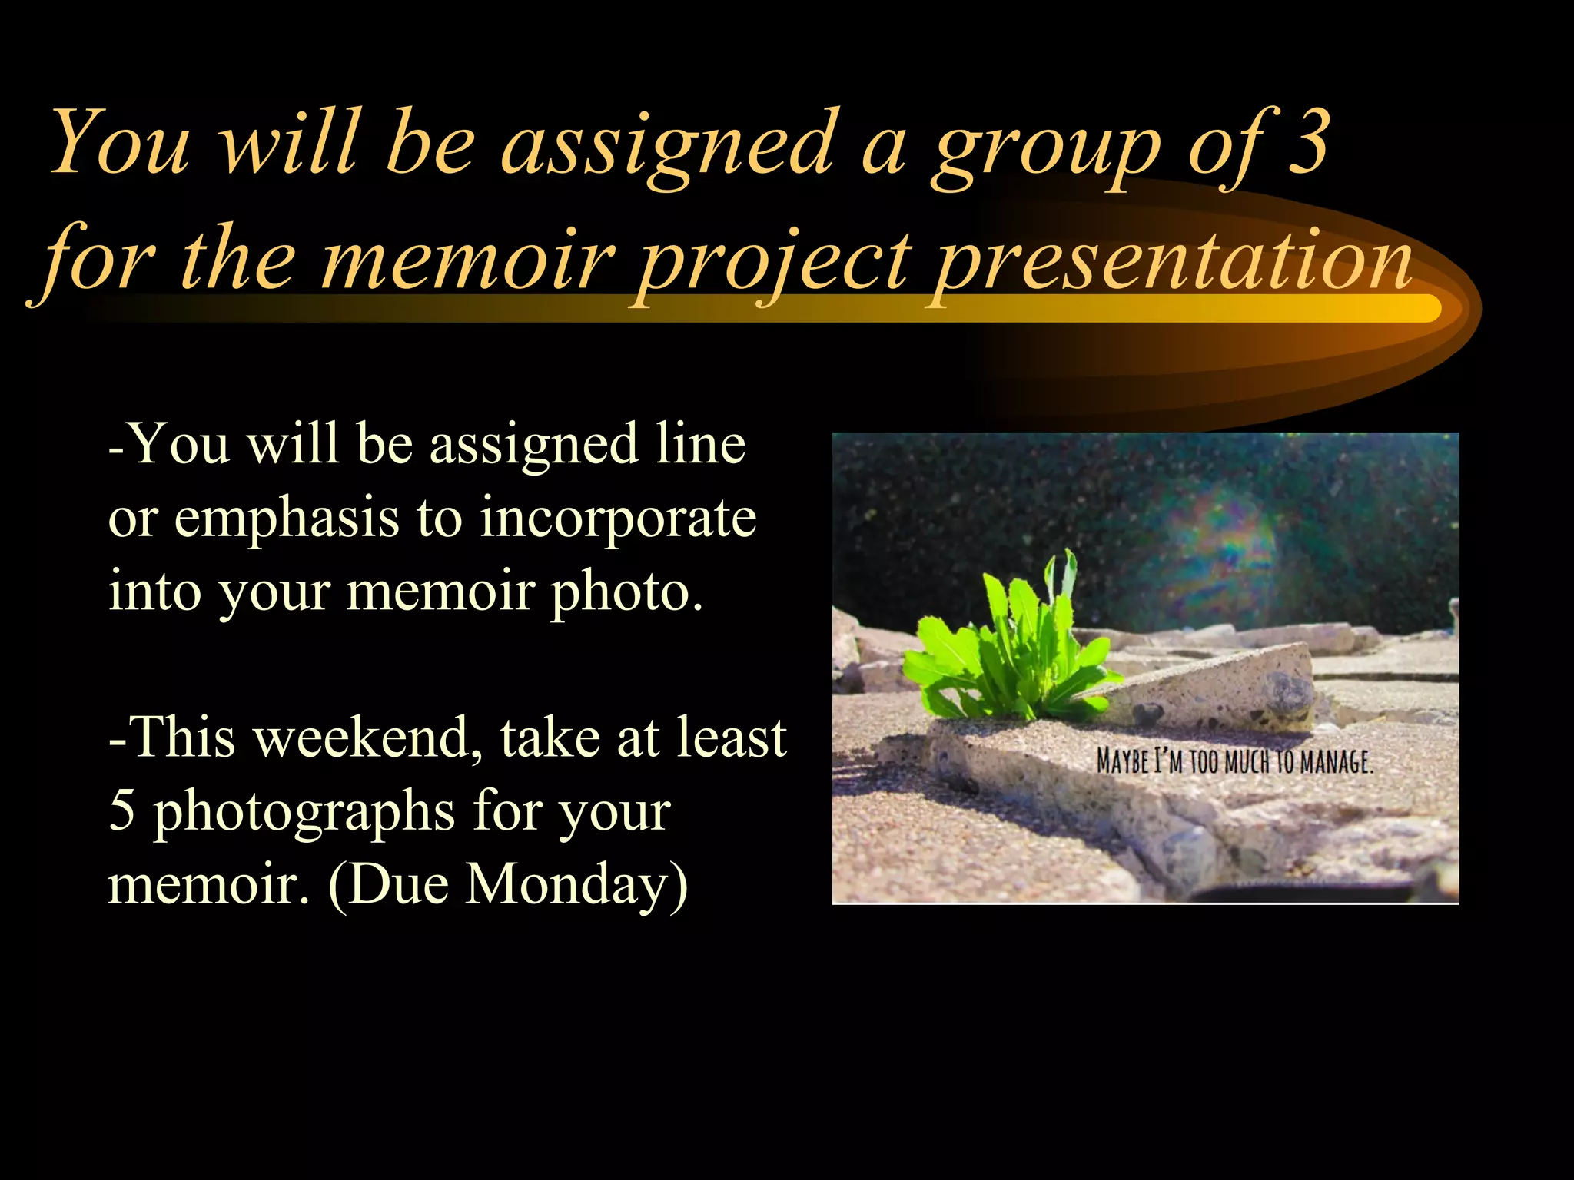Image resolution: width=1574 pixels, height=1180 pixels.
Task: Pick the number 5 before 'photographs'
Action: point(122,810)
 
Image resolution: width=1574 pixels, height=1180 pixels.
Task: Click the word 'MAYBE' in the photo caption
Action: point(1123,762)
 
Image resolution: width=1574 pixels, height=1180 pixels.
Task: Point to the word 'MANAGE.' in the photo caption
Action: point(1337,762)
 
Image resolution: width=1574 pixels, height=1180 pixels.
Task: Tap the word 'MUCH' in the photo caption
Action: point(1248,762)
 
